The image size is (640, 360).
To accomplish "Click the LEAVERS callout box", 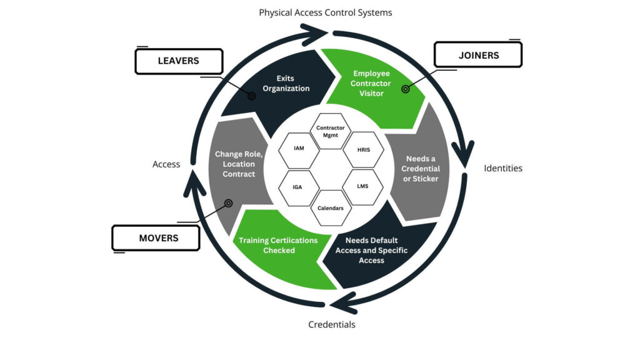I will pos(178,61).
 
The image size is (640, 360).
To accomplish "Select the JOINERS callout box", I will pos(478,55).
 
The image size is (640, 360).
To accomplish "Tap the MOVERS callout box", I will pos(156,238).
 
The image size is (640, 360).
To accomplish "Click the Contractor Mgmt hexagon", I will pos(331,131).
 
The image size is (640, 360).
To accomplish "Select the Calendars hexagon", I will pos(331,207).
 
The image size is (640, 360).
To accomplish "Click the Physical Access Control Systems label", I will pos(326,12).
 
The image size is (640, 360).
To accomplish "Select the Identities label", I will pos(503,168).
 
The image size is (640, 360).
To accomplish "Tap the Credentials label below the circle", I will pos(332,324).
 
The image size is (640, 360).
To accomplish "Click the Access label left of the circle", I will pos(166,164).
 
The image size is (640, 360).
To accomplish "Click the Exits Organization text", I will pos(286,83).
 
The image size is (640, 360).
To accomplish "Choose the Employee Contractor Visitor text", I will pos(371,83).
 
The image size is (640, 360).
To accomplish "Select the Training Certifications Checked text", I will pos(277,245).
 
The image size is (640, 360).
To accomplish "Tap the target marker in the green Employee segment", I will pos(405,89).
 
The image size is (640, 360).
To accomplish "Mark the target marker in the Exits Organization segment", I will pos(251,96).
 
